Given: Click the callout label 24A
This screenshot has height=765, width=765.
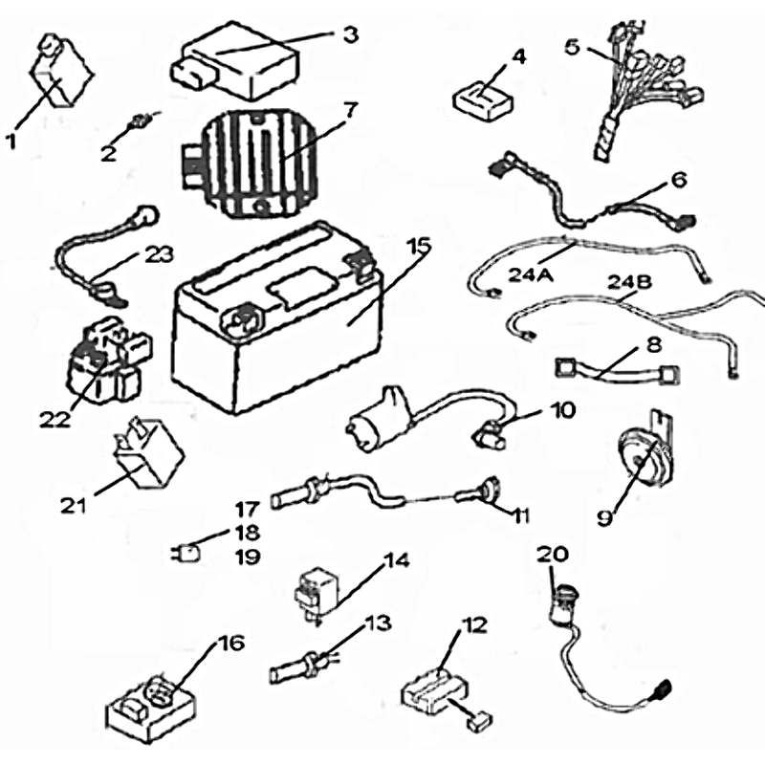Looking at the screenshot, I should [530, 275].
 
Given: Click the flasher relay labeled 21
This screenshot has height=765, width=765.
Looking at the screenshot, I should [139, 454].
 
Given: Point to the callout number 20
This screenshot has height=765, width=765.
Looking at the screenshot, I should [552, 554].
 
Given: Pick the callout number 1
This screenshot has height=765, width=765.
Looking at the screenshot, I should [12, 141].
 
